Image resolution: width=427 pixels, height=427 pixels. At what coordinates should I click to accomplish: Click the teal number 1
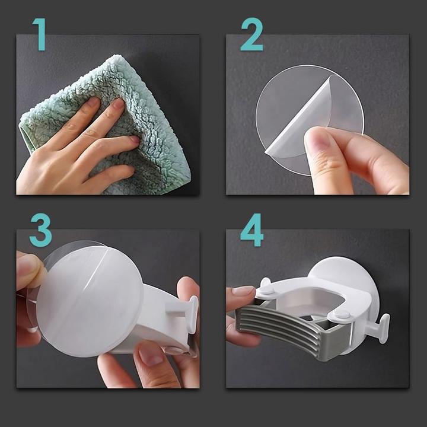coord(40,34)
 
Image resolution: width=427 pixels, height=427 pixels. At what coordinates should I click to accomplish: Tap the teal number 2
coord(252,34)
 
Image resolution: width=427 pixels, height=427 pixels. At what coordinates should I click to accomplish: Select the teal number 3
coord(41,230)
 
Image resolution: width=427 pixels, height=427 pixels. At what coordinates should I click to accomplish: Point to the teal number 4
coord(252,230)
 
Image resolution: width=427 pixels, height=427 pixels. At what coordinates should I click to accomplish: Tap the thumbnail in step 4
coord(242,291)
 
